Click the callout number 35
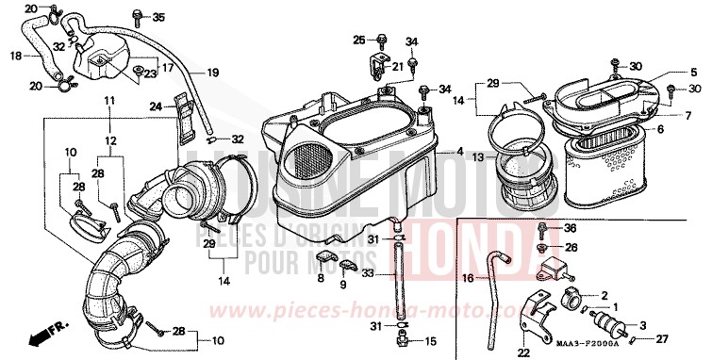click(x=157, y=17)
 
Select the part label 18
click(x=15, y=56)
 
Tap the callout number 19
click(x=212, y=72)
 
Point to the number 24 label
click(x=157, y=106)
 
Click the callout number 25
click(x=358, y=39)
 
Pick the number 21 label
click(x=397, y=66)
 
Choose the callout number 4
click(x=460, y=151)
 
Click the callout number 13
click(x=478, y=156)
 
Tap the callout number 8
click(x=322, y=280)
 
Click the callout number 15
click(x=433, y=340)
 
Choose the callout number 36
click(x=570, y=228)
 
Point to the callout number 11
click(x=109, y=100)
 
